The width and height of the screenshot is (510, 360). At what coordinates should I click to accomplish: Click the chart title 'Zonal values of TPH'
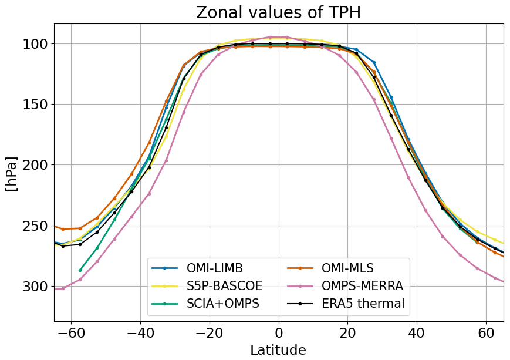278,12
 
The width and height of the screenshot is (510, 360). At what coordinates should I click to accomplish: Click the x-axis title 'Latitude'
278,350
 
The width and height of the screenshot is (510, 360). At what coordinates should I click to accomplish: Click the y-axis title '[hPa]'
12,173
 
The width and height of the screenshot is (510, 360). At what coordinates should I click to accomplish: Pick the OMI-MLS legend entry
347,268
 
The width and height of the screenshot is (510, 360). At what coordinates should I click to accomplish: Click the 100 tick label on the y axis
36,44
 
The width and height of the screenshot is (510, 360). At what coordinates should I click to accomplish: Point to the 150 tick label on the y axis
36,105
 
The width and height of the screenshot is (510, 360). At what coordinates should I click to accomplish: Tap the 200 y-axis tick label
36,165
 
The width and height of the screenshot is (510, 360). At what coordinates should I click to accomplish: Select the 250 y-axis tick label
36,226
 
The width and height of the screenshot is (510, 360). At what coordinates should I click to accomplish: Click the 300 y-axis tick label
36,287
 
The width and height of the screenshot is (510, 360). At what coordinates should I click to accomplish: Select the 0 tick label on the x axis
279,333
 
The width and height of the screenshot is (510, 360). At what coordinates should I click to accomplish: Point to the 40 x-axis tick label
417,333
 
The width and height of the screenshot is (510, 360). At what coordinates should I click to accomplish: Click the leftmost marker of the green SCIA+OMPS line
80,270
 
